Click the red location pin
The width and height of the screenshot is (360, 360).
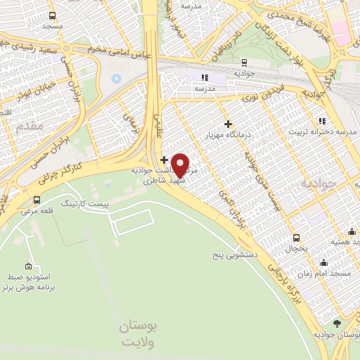click(x=181, y=165)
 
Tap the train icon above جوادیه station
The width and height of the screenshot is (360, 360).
click(x=243, y=61)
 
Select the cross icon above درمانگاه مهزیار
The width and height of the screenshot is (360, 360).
click(x=227, y=124)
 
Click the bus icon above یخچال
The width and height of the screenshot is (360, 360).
click(x=296, y=238)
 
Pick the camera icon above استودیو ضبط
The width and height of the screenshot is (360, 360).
click(x=28, y=266)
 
